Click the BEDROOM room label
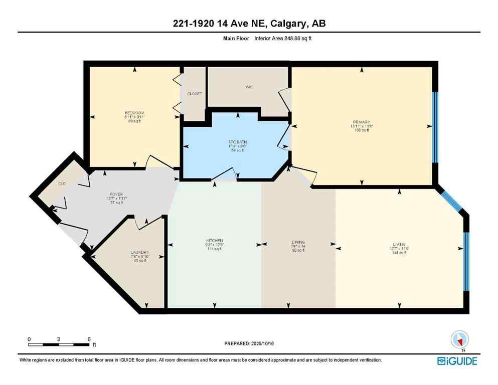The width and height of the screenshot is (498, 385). [x=134, y=112]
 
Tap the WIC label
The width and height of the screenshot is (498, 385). [x=249, y=87]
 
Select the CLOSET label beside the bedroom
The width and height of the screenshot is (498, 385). [x=194, y=94]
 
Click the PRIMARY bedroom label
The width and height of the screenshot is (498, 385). [x=361, y=122]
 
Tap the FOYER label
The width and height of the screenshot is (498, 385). [x=117, y=195]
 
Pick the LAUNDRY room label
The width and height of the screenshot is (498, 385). [x=140, y=252]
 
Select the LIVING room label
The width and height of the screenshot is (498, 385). [x=400, y=244]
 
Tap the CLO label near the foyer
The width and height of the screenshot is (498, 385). [x=62, y=184]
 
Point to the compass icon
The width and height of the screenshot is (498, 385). [x=458, y=340]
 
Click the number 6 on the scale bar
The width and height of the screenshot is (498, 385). [x=89, y=339]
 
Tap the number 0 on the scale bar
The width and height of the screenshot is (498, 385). [x=30, y=339]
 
